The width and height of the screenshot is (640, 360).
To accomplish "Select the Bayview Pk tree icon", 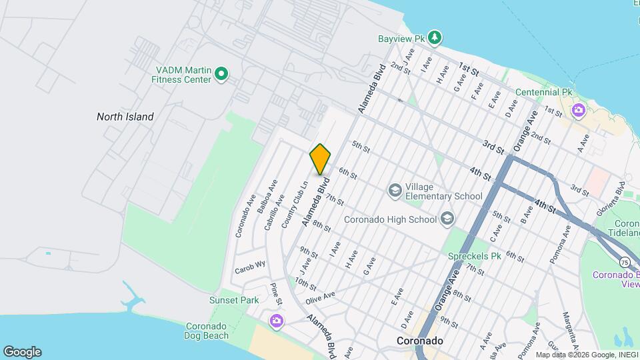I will tap(435, 37).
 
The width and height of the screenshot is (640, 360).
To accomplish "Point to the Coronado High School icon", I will tap(446, 219).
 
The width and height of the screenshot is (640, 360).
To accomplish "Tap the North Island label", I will tap(125, 117).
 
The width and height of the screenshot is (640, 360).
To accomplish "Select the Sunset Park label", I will tap(233, 300).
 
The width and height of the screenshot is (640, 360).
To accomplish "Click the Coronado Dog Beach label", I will tap(206, 331).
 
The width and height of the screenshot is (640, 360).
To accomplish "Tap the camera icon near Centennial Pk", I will tap(577, 109).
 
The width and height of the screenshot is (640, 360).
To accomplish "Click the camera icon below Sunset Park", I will tap(276, 322).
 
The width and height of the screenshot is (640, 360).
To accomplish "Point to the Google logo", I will tap(22, 352).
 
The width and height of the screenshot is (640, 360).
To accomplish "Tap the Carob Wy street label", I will tap(250, 267).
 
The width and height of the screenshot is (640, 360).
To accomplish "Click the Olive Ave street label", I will tap(320, 297).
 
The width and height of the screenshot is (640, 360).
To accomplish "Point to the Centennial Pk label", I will tap(543, 92).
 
